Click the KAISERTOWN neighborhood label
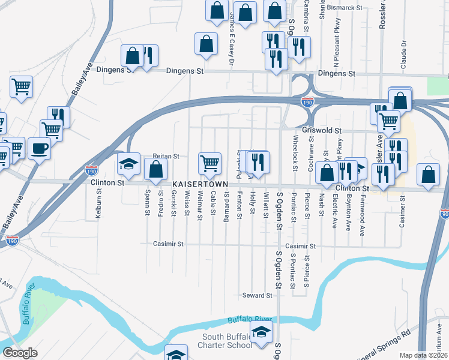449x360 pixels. tap(199, 184)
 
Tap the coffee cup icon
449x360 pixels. tap(40, 147)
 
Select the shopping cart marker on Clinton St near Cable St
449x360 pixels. tap(209, 162)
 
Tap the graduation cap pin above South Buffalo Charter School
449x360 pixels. tap(261, 331)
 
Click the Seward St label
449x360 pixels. tap(258, 295)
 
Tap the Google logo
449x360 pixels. tap(20, 353)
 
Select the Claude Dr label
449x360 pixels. tap(404, 53)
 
